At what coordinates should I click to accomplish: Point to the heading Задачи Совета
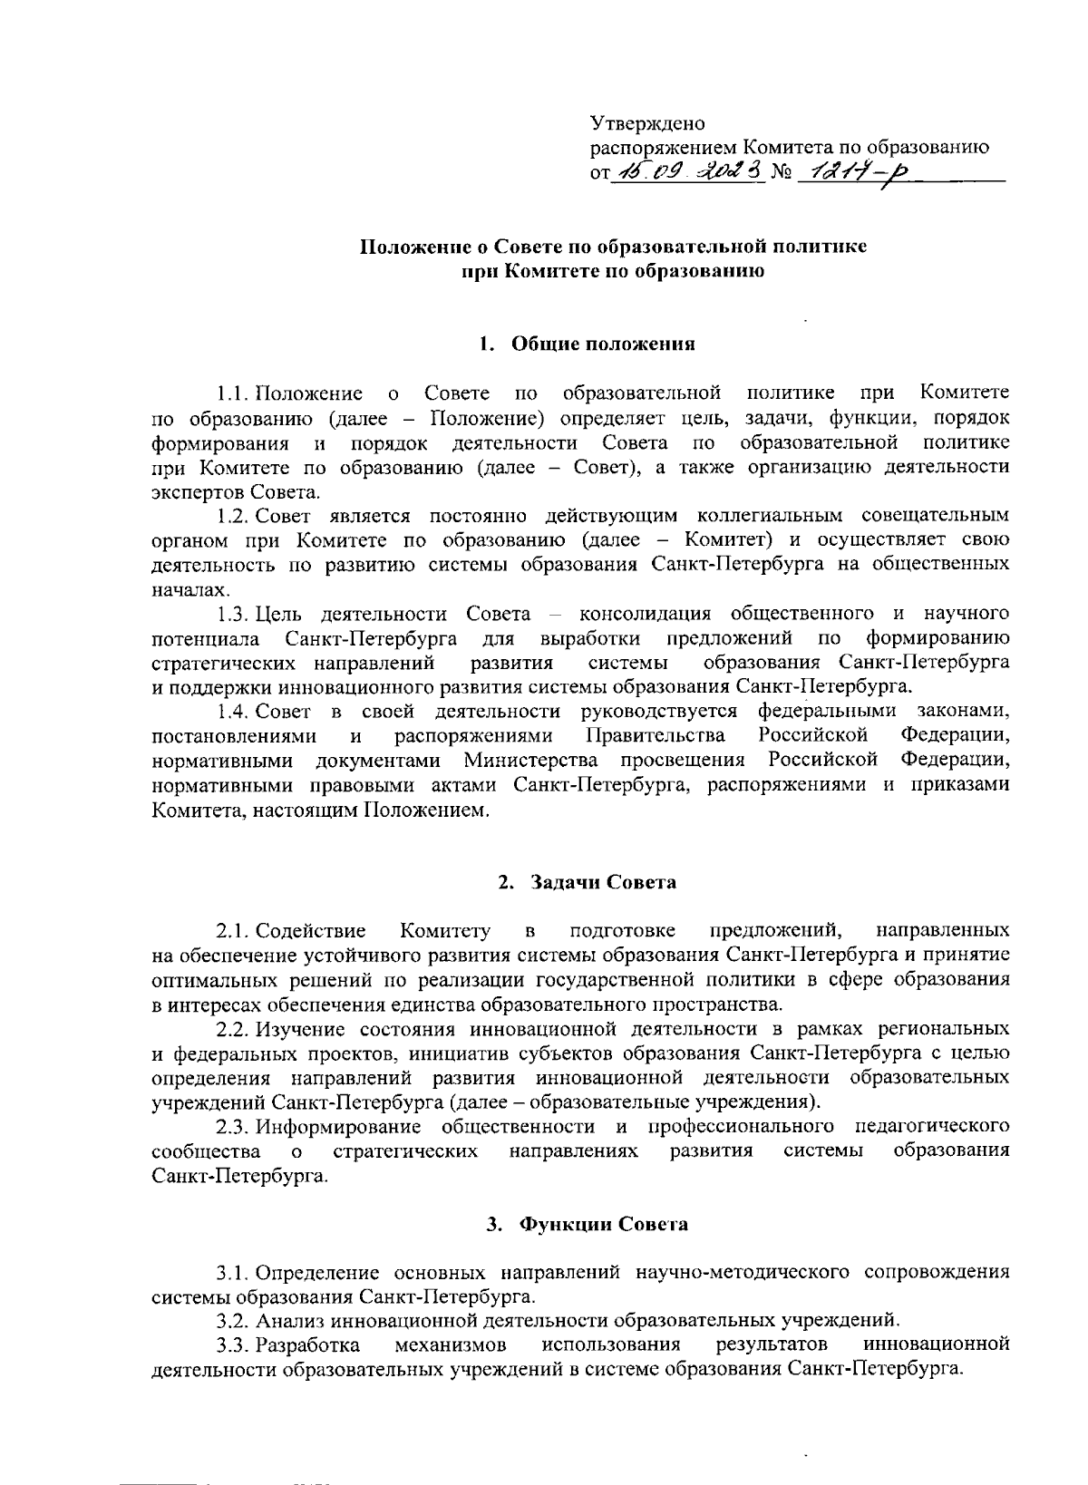(x=602, y=882)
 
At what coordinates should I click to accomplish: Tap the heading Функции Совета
(x=602, y=1225)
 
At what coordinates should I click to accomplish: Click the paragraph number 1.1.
(x=232, y=393)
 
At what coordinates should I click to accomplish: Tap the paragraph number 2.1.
(x=232, y=931)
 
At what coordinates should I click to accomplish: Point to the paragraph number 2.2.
(x=232, y=1029)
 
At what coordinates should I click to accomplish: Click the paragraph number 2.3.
(x=232, y=1127)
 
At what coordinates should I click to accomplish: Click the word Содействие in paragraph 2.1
(x=311, y=931)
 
